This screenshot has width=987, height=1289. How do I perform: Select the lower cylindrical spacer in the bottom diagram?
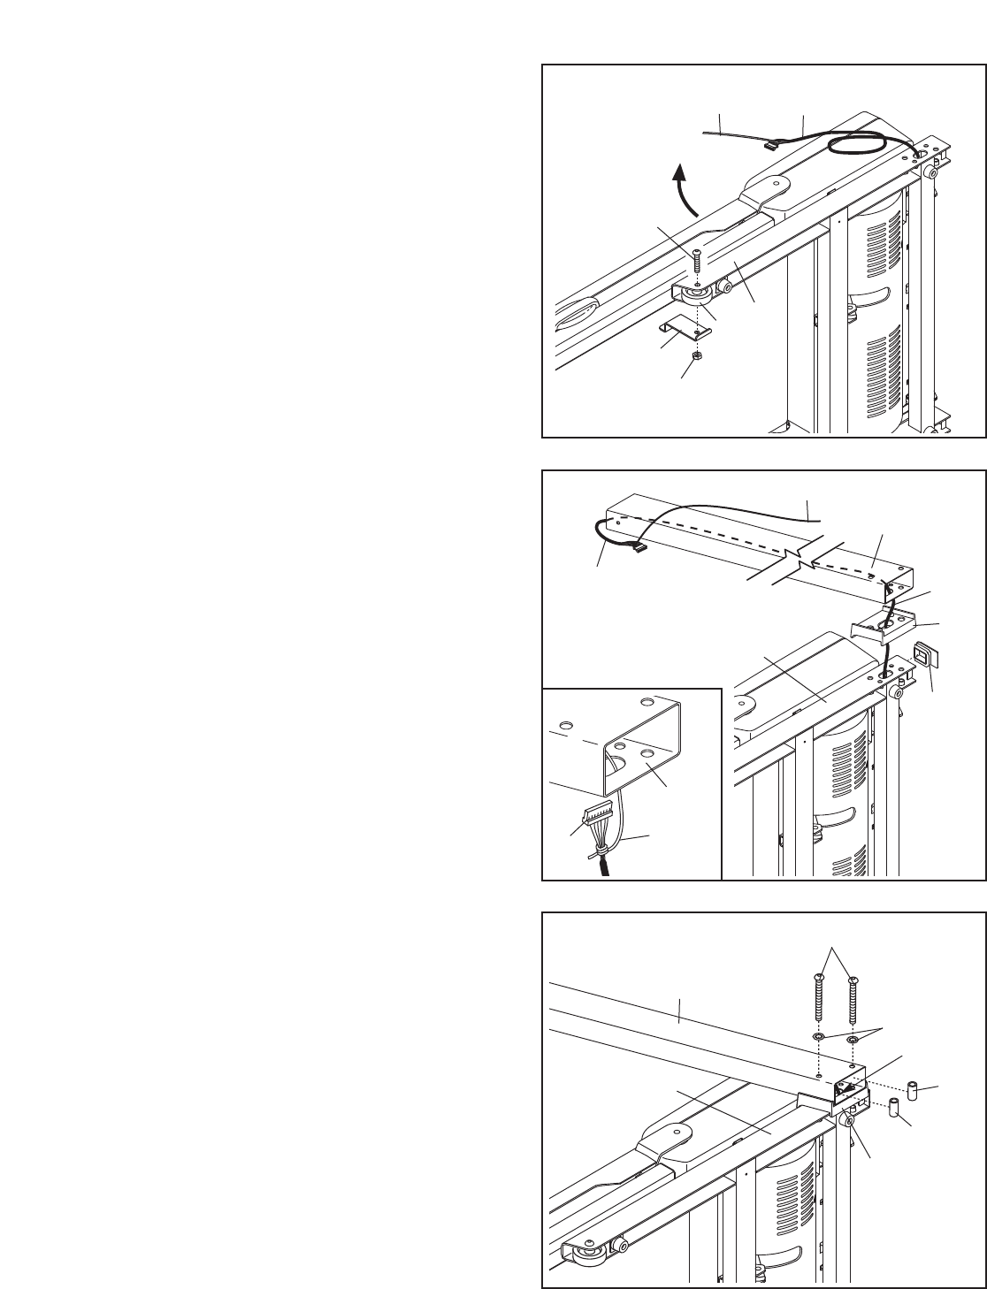(x=893, y=1108)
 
